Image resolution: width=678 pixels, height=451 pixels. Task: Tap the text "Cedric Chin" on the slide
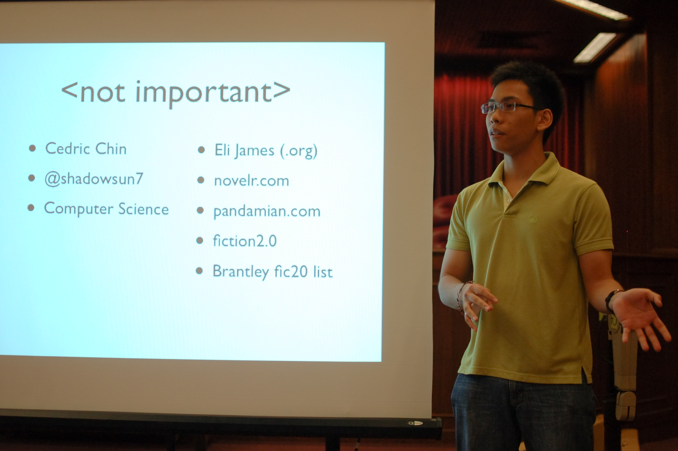tap(86, 149)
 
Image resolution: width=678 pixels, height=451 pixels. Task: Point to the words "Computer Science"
tap(106, 209)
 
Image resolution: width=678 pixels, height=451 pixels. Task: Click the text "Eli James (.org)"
tap(266, 151)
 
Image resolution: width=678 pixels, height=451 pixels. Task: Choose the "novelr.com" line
tap(252, 181)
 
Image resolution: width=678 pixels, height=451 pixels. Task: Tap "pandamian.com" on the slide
tap(267, 212)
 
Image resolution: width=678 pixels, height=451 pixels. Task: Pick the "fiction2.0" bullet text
tap(245, 241)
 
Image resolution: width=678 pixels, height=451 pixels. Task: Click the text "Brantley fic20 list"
tap(273, 272)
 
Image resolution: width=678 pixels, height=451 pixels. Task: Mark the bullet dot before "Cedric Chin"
tap(32, 148)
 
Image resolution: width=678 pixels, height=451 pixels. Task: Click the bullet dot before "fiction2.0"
tap(199, 240)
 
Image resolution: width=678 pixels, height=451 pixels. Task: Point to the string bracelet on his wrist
tap(461, 296)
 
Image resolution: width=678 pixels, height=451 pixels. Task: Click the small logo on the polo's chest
tap(533, 219)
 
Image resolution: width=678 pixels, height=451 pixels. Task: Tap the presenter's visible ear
tap(544, 120)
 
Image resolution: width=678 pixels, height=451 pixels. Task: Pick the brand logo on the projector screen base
tap(416, 423)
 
